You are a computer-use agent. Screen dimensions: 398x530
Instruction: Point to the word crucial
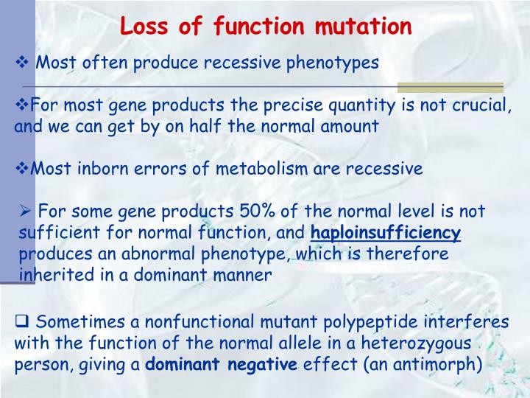[x=481, y=105]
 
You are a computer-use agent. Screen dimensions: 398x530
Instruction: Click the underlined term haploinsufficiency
[x=386, y=234]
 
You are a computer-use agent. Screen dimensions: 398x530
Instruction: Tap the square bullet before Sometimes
[x=22, y=321]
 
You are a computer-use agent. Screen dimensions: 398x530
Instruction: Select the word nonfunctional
[x=194, y=321]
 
